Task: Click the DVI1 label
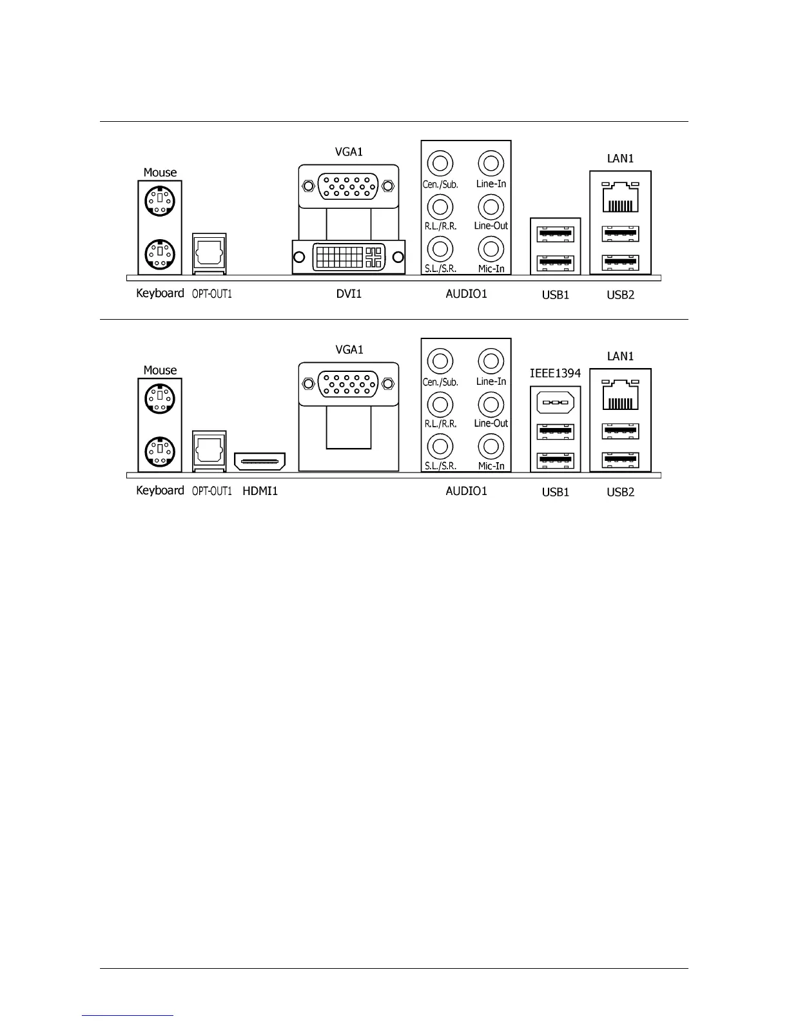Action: click(x=349, y=294)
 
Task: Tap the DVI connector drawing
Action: click(x=349, y=257)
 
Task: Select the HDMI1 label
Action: click(x=260, y=491)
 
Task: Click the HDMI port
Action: click(x=260, y=461)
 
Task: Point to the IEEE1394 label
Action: click(x=555, y=373)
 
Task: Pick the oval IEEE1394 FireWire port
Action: click(x=555, y=404)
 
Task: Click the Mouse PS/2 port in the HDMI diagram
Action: click(x=159, y=398)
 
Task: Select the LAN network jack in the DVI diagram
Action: click(x=620, y=198)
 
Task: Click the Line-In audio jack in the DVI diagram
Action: click(x=491, y=162)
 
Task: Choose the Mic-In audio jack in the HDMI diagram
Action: click(x=491, y=445)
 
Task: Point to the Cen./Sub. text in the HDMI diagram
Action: click(x=440, y=382)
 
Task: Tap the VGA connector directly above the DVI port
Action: click(x=348, y=186)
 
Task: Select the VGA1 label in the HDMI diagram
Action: click(x=349, y=350)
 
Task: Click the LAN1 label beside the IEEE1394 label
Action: click(x=620, y=356)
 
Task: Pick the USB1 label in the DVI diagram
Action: click(x=555, y=295)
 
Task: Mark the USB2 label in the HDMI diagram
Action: click(x=620, y=492)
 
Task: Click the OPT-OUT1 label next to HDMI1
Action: click(x=212, y=491)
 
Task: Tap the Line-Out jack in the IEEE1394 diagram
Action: click(x=491, y=404)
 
